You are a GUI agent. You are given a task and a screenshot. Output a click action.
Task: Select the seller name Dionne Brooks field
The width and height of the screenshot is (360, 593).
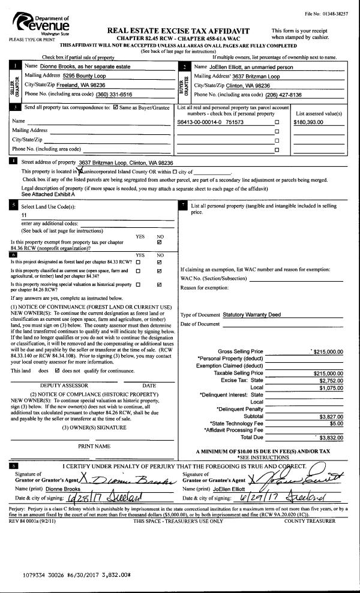coord(81,67)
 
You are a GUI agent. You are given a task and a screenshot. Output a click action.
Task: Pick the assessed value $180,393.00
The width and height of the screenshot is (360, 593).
coord(308,122)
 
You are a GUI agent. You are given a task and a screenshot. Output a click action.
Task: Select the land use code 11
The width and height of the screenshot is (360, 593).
coord(24,214)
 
